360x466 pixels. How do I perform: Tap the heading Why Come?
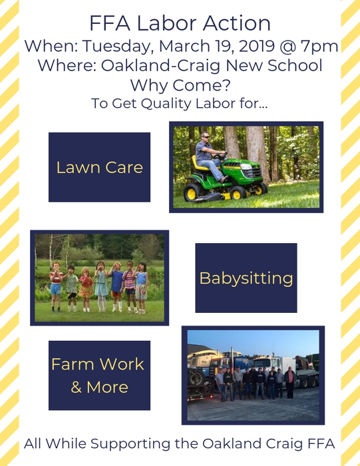(x=180, y=85)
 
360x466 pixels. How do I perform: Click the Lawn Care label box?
(x=100, y=167)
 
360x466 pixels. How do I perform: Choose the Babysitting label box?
(x=246, y=278)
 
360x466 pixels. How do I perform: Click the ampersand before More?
(x=77, y=387)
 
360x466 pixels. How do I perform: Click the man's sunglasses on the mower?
(x=205, y=136)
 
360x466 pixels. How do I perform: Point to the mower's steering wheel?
(x=220, y=155)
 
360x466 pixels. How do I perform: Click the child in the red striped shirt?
(x=55, y=286)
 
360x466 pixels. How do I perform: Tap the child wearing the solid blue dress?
(x=116, y=286)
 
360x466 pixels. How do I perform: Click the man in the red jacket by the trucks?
(x=289, y=382)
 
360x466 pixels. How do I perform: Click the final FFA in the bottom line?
(x=321, y=443)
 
